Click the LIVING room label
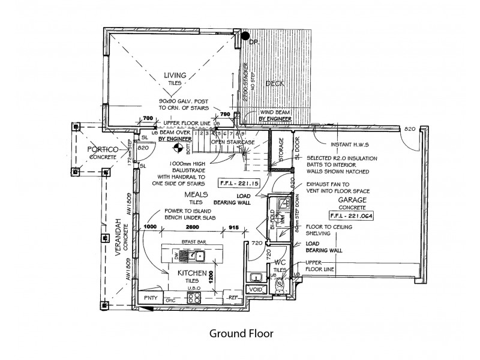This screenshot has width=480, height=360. (x=175, y=75)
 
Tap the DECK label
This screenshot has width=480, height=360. (x=274, y=84)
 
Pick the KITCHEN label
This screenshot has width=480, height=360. (x=192, y=274)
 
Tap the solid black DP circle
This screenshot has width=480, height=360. (x=245, y=36)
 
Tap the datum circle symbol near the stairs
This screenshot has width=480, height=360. (x=178, y=146)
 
